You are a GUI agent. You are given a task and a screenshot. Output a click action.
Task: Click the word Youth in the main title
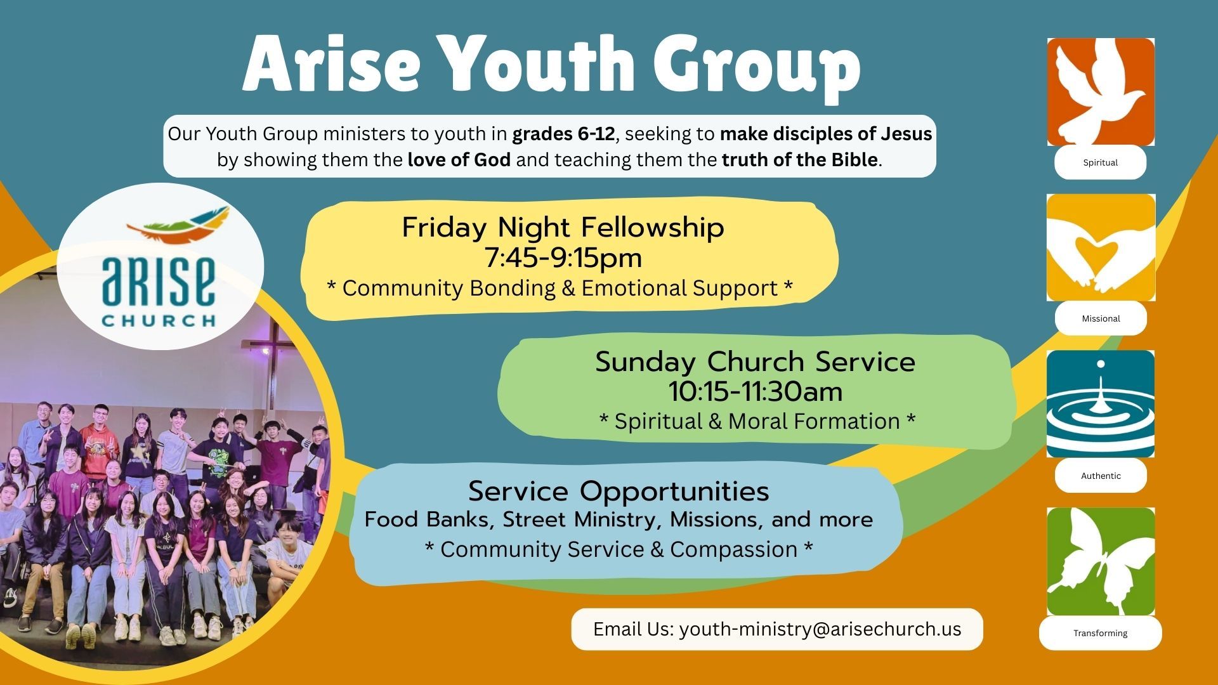pyautogui.click(x=542, y=64)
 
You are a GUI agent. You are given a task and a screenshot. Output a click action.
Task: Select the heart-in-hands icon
pyautogui.click(x=1101, y=247)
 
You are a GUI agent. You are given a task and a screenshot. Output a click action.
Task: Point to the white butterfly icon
pyautogui.click(x=1101, y=561)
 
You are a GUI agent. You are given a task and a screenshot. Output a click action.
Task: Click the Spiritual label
pyautogui.click(x=1101, y=162)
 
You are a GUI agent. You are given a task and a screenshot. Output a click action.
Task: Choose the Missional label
pyautogui.click(x=1101, y=318)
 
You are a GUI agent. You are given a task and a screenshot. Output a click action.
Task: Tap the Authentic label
pyautogui.click(x=1101, y=476)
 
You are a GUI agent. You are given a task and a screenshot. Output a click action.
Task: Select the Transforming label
pyautogui.click(x=1101, y=633)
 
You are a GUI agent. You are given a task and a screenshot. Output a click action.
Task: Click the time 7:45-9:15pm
pyautogui.click(x=563, y=258)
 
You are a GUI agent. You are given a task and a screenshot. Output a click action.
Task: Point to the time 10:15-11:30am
pyautogui.click(x=756, y=391)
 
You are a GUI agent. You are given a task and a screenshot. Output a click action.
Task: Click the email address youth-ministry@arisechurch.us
pyautogui.click(x=820, y=629)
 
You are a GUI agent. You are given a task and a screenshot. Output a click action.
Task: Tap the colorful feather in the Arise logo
pyautogui.click(x=178, y=224)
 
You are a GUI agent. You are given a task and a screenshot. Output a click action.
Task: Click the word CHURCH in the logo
pyautogui.click(x=159, y=320)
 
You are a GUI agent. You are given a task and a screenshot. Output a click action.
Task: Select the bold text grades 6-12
pyautogui.click(x=564, y=134)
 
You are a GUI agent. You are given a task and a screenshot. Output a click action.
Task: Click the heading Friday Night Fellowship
pyautogui.click(x=563, y=227)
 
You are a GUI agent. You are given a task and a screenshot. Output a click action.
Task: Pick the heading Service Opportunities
pyautogui.click(x=619, y=491)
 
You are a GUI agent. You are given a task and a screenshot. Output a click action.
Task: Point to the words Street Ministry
pyautogui.click(x=584, y=519)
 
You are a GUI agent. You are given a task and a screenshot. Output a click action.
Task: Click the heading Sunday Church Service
pyautogui.click(x=756, y=362)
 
